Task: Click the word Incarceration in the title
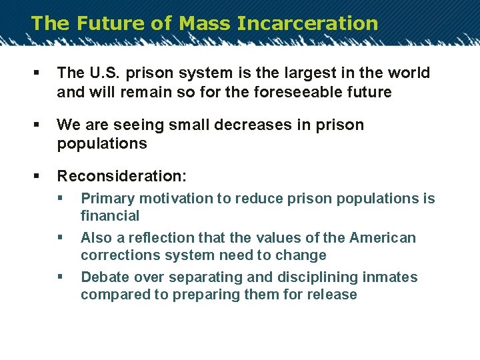[307, 23]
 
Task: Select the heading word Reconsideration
[121, 177]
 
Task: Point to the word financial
[110, 216]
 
